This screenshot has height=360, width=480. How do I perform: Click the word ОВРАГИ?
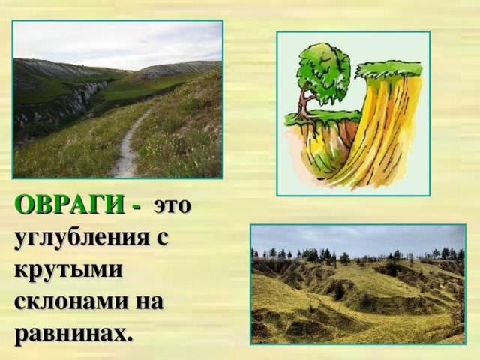[x=68, y=205]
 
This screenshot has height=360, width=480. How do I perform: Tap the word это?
[x=172, y=205]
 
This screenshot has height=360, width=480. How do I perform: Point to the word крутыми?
[x=67, y=270]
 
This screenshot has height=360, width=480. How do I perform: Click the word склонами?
[x=72, y=301]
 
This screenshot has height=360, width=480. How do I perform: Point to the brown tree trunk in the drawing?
[x=304, y=105]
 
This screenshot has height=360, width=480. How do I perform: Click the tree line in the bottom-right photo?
[x=352, y=256]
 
